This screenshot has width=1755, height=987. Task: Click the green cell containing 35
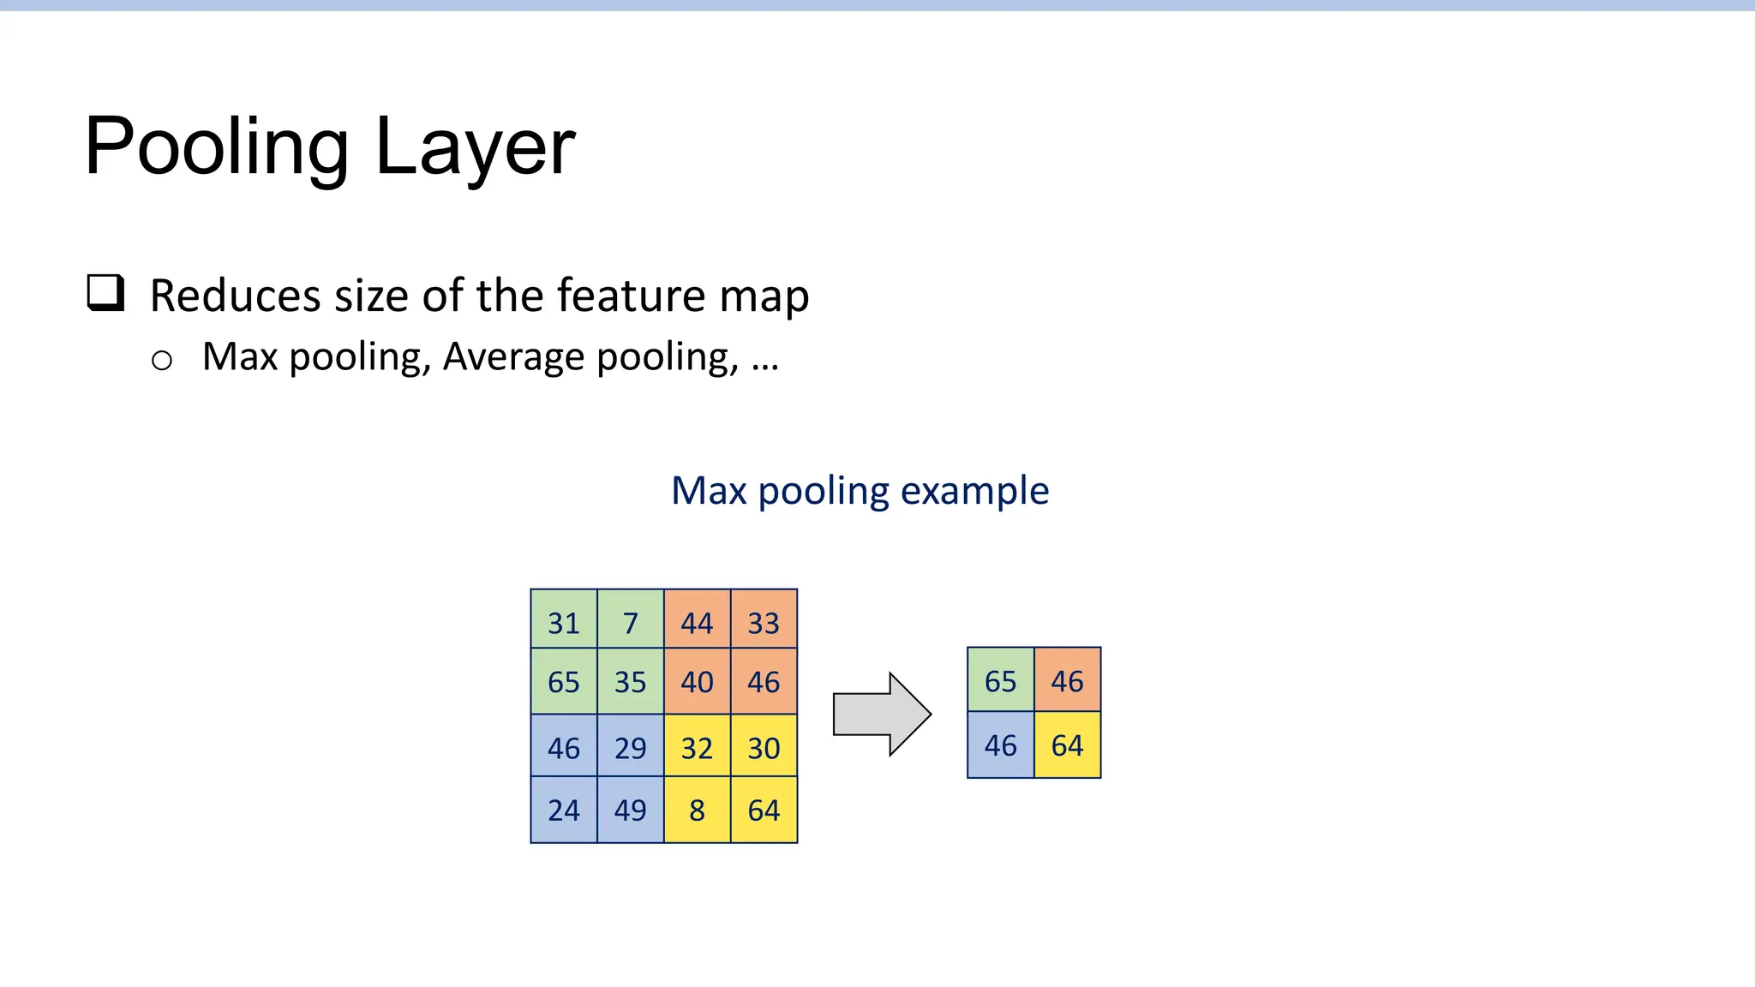631,681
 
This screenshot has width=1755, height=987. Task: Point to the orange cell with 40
697,681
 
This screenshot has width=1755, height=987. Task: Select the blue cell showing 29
631,747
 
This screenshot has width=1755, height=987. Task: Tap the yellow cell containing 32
697,747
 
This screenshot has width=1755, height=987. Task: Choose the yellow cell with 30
764,747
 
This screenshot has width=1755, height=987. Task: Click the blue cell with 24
564,810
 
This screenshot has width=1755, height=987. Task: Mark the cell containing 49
631,810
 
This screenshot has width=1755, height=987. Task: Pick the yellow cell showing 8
697,810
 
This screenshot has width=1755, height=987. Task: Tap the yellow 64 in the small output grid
1067,745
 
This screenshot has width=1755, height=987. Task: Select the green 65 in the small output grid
1000,680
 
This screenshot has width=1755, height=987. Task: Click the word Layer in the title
475,147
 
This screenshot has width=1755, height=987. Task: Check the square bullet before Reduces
106,293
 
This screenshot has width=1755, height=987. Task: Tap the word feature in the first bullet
631,296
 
